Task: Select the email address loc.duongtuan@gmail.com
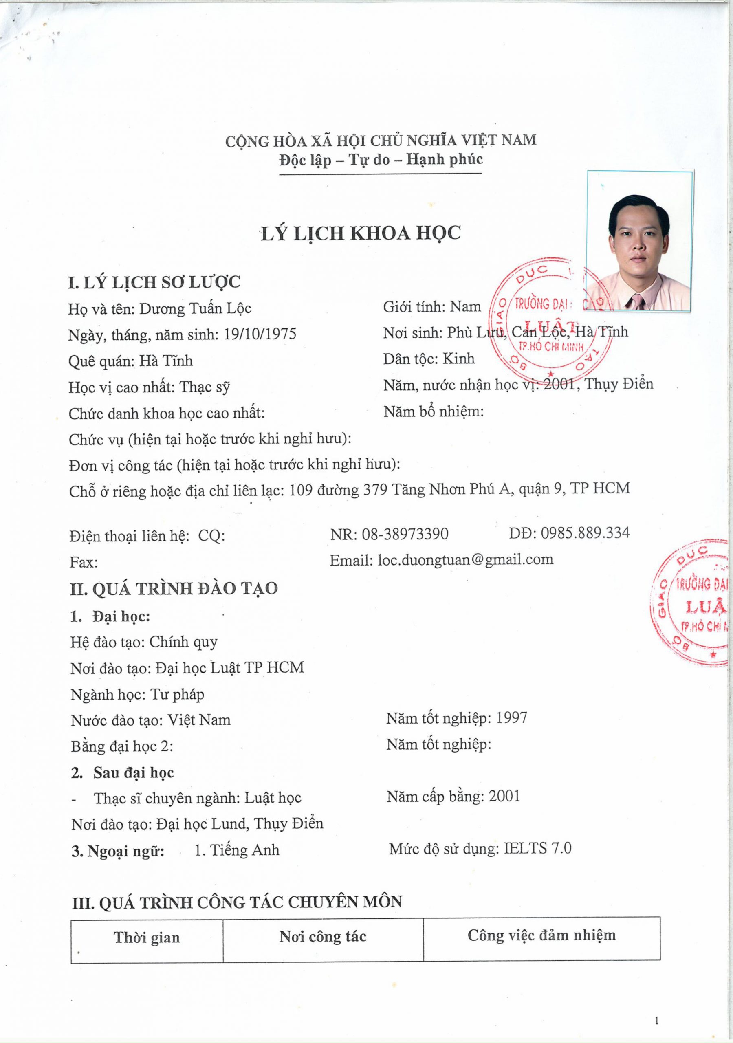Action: [465, 559]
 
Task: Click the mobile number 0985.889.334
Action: [585, 533]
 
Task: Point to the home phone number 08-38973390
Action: [405, 533]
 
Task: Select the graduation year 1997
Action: [511, 718]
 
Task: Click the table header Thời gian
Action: [147, 937]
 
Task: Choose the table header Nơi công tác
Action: [323, 936]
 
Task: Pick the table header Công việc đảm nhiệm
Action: [541, 935]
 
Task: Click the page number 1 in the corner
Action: [657, 1021]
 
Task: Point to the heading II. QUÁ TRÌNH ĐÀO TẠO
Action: [174, 589]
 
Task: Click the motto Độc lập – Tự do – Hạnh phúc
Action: [381, 160]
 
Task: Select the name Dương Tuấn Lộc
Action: [195, 308]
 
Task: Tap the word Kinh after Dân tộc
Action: [458, 359]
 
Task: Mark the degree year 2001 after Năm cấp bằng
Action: [504, 796]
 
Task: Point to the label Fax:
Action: [84, 563]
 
